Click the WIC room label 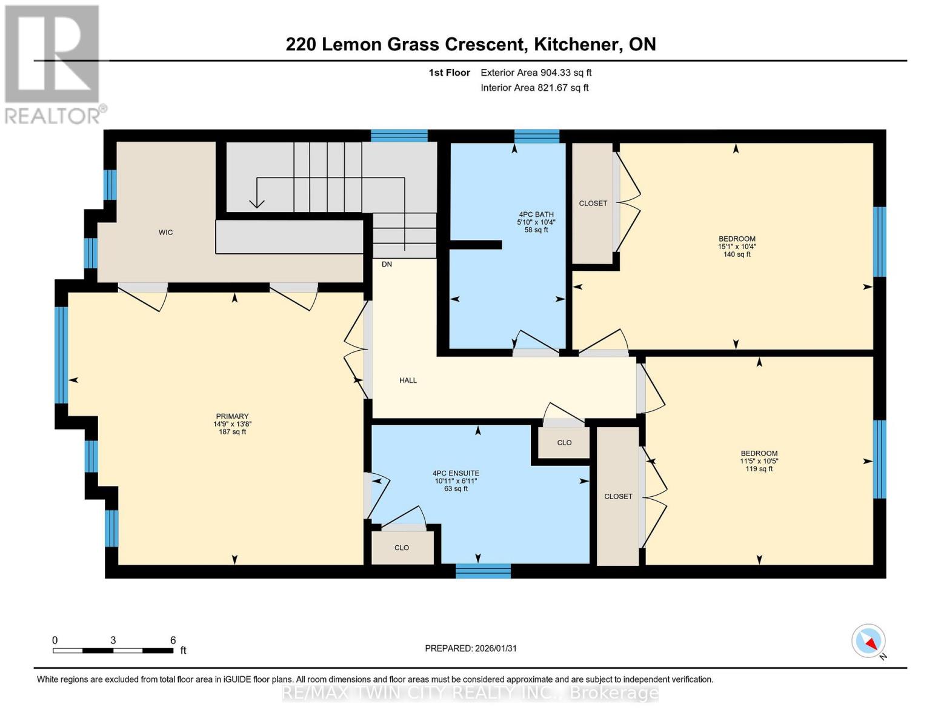[x=165, y=233]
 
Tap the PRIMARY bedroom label [x=232, y=416]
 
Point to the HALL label [x=408, y=380]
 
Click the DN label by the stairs [x=387, y=264]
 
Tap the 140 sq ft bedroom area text [x=737, y=254]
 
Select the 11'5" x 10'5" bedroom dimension [x=759, y=461]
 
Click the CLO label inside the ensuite [x=402, y=548]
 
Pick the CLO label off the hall [x=564, y=443]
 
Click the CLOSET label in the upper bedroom [x=593, y=204]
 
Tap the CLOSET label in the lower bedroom [x=618, y=496]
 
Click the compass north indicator [x=872, y=642]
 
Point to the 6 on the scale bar [x=173, y=640]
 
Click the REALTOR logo [x=52, y=64]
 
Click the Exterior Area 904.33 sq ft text [x=536, y=73]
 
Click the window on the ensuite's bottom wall [x=483, y=571]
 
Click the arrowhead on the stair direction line [x=257, y=204]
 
